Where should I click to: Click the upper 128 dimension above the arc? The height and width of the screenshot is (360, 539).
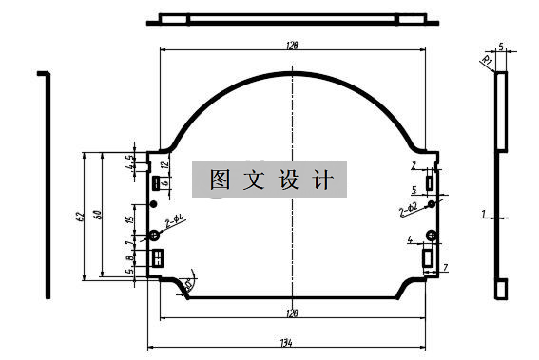tap(292, 44)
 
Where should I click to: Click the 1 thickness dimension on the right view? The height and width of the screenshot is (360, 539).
tap(483, 215)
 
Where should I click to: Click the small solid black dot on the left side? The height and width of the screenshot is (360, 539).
tap(149, 202)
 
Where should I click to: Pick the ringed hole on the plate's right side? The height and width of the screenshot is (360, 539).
tap(431, 203)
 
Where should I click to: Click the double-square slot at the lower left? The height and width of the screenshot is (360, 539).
tap(158, 256)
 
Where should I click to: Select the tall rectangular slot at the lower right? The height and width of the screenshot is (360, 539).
tap(428, 256)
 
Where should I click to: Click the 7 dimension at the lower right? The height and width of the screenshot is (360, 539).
tap(445, 268)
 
